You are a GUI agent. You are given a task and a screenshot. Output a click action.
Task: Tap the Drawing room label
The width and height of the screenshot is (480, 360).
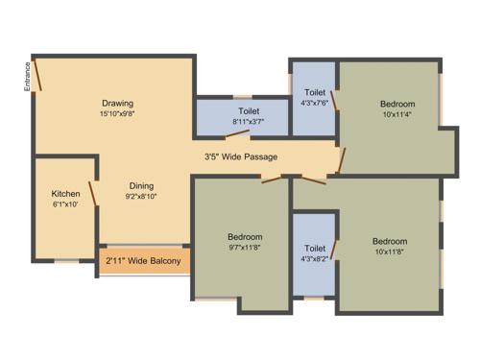point(117,104)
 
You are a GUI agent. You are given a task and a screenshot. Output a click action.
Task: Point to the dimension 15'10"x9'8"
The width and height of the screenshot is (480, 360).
point(117,114)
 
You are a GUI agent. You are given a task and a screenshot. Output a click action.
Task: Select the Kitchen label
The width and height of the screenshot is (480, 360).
point(65,193)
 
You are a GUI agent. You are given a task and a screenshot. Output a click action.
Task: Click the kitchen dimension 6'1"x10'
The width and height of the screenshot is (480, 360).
point(65,204)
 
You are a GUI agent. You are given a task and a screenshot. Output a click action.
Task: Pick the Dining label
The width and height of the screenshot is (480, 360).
point(140,186)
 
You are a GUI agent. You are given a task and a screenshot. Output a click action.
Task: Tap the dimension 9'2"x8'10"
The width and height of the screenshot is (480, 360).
point(140,197)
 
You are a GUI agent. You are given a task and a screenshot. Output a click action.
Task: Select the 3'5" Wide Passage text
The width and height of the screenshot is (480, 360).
point(240,155)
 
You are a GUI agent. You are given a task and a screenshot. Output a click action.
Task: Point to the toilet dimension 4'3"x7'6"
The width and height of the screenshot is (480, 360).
point(314,103)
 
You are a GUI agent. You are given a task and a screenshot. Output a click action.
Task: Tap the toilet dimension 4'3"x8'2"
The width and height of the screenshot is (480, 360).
point(314,258)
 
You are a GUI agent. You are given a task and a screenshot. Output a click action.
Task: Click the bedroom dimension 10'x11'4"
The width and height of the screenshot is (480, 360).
point(396,114)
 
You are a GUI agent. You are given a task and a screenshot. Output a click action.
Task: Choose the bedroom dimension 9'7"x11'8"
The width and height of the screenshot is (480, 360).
point(244,247)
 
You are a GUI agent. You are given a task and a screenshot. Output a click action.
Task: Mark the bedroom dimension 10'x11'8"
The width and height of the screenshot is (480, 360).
point(389,252)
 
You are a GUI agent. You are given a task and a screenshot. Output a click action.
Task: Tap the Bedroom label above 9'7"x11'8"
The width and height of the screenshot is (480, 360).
point(245,236)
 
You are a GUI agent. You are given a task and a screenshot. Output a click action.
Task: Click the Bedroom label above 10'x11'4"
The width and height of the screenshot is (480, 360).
point(396,104)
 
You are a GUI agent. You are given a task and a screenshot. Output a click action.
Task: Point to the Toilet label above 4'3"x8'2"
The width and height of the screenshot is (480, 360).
point(314,248)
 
